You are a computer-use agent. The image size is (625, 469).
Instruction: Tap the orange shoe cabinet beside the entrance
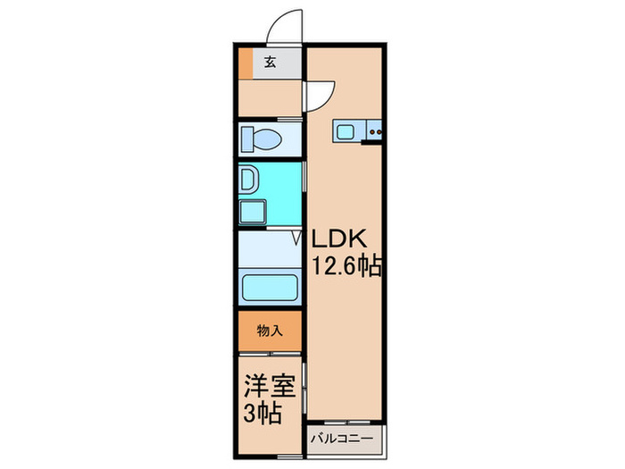click(x=246, y=63)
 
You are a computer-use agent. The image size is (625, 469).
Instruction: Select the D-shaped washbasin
click(x=247, y=180)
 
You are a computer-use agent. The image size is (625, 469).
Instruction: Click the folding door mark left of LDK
click(x=301, y=239)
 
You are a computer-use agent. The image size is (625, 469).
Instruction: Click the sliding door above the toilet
click(x=270, y=119)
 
